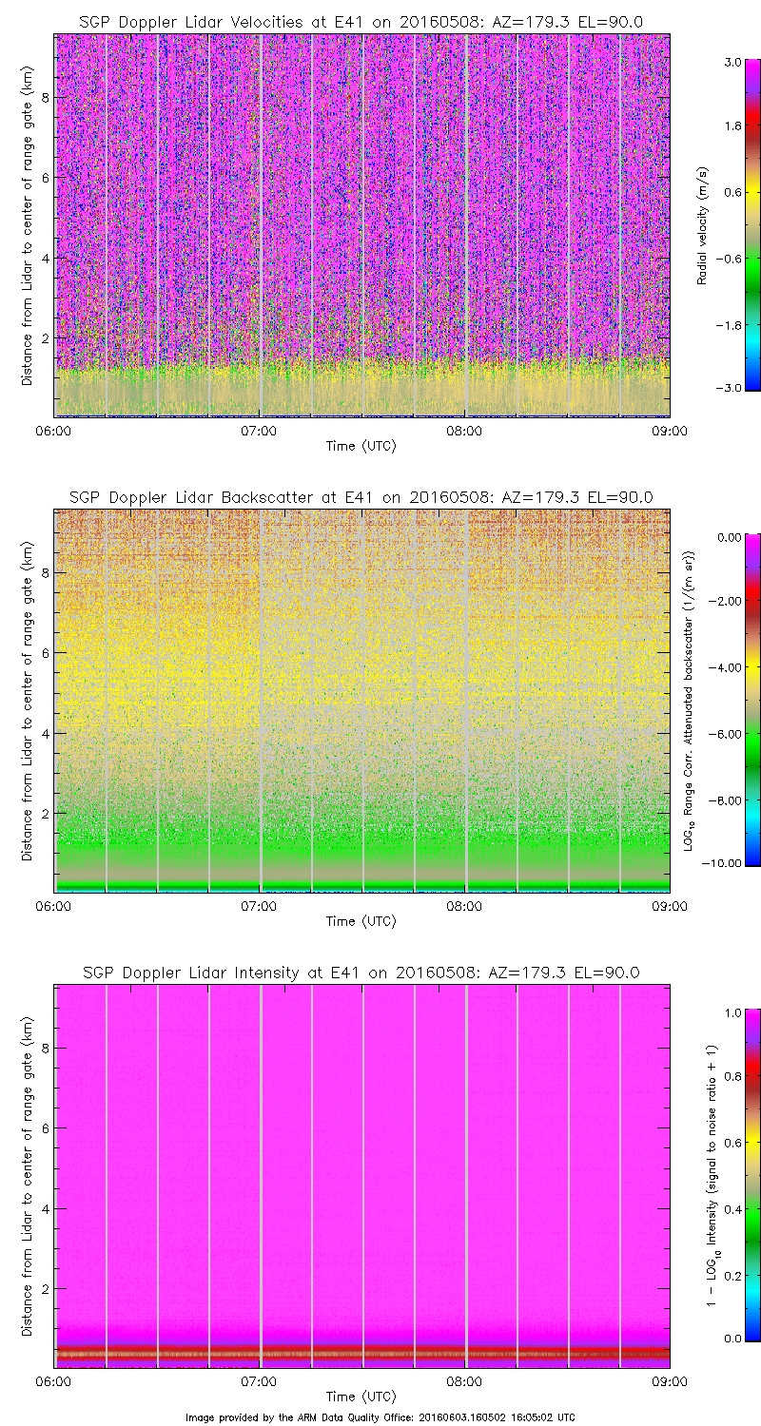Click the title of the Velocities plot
pyautogui.click(x=361, y=21)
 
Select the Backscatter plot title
pyautogui.click(x=361, y=496)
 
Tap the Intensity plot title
pyautogui.click(x=361, y=973)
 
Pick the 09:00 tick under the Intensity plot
pyautogui.click(x=670, y=1381)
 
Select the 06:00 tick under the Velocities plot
pyautogui.click(x=53, y=430)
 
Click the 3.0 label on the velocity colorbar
pyautogui.click(x=731, y=62)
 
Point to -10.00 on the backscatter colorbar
pyautogui.click(x=726, y=863)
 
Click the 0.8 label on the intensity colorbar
pyautogui.click(x=731, y=1077)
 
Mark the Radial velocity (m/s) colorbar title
pyautogui.click(x=703, y=224)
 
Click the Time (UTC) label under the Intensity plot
pyautogui.click(x=361, y=1397)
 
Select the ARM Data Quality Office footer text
pyautogui.click(x=380, y=1416)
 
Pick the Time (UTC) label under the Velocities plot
pyautogui.click(x=361, y=445)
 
